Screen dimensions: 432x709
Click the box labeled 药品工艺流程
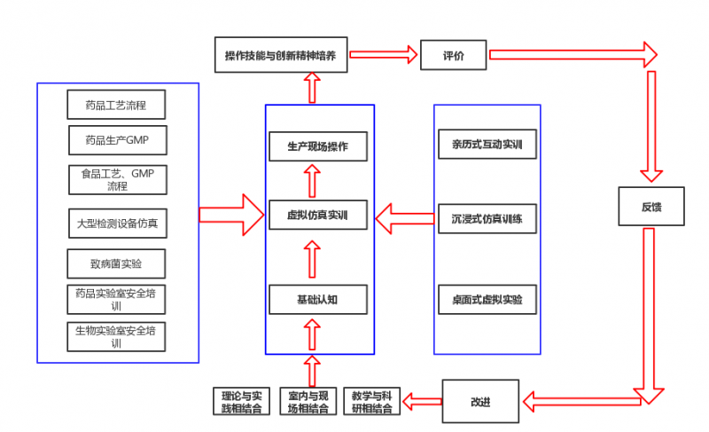tap(116, 105)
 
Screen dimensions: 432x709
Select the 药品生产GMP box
tap(117, 140)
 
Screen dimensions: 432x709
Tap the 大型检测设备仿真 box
tap(117, 223)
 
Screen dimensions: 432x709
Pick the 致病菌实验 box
tap(116, 264)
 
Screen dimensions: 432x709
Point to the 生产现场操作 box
tap(318, 146)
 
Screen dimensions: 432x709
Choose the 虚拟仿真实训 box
tap(318, 215)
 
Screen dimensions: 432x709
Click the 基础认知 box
tap(318, 299)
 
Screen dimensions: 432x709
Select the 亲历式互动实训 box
tap(487, 144)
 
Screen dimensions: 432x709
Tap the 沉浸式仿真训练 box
tap(487, 217)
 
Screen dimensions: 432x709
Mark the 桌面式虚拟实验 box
tap(487, 299)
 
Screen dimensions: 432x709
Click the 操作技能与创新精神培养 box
tap(281, 55)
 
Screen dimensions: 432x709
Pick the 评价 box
tap(453, 55)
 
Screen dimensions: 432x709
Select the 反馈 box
tap(651, 207)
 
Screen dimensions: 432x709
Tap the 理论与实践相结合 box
tap(240, 402)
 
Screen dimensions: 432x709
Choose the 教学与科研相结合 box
tap(372, 402)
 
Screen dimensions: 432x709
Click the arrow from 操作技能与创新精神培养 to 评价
tap(383, 55)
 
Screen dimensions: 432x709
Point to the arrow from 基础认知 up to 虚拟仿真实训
tap(311, 257)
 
